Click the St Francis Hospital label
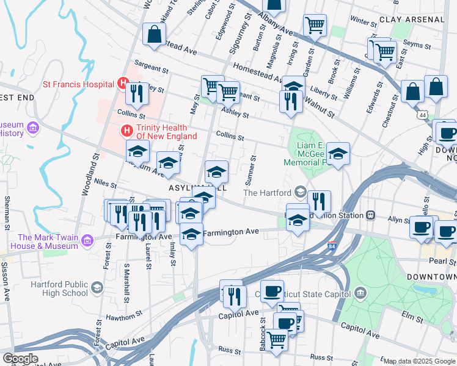78,85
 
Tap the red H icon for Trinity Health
127,130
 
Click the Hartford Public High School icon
97,288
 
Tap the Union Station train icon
370,215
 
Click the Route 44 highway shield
423,114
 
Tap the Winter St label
364,22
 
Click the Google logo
20,359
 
